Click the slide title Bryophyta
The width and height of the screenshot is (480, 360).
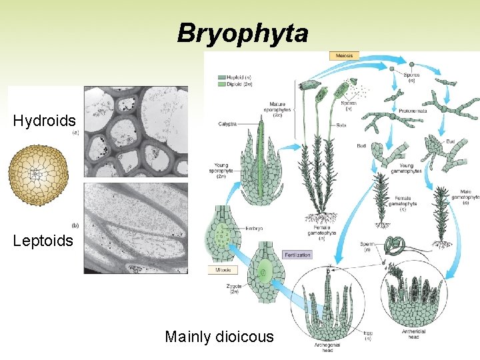point(243,33)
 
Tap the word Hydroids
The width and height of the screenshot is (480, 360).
point(44,121)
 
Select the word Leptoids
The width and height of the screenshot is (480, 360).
point(43,241)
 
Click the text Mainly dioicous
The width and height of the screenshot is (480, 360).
point(219,337)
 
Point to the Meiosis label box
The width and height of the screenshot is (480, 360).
point(344,55)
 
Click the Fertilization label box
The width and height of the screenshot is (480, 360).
point(297,255)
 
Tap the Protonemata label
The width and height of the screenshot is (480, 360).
point(413,110)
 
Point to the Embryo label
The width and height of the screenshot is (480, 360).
point(253,228)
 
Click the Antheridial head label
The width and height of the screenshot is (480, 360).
point(414,335)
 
